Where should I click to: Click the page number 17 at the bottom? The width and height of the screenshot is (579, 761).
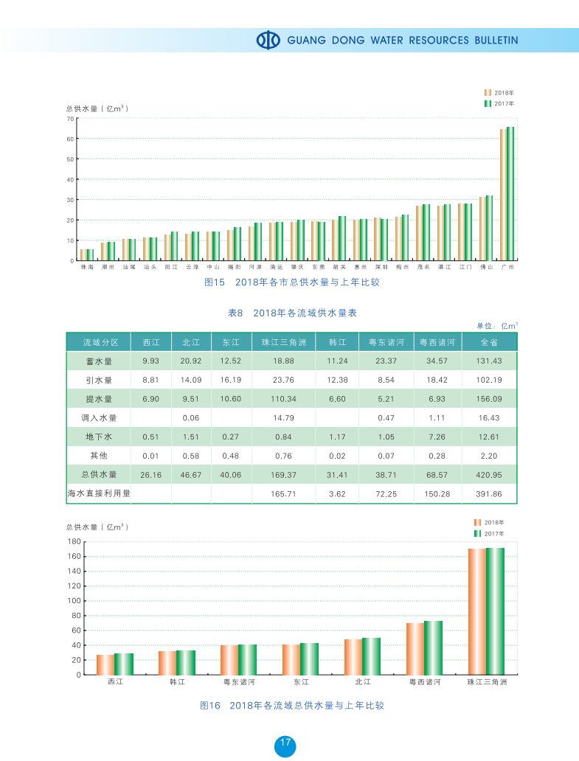pos(285,743)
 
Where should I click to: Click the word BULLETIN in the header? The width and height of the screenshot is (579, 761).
pos(496,41)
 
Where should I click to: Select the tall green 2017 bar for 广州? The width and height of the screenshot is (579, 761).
pos(510,193)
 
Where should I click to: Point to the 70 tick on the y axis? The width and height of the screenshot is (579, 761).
pos(70,119)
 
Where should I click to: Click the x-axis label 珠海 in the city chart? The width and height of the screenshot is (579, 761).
pos(87,267)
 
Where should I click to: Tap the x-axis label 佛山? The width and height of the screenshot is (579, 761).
pos(486,267)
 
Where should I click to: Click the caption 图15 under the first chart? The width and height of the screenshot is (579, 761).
pos(214,282)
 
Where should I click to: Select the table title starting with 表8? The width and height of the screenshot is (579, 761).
pos(293,313)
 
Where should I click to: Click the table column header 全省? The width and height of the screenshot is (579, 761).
pos(489,342)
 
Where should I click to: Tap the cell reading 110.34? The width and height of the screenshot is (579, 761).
pos(284,399)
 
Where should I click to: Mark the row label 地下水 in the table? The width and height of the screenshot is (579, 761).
pos(99,437)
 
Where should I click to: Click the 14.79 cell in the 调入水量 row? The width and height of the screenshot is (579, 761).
pos(284,417)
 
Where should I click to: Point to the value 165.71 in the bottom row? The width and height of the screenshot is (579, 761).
pos(284,493)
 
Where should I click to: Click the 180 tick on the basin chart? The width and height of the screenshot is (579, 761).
pos(74,542)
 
